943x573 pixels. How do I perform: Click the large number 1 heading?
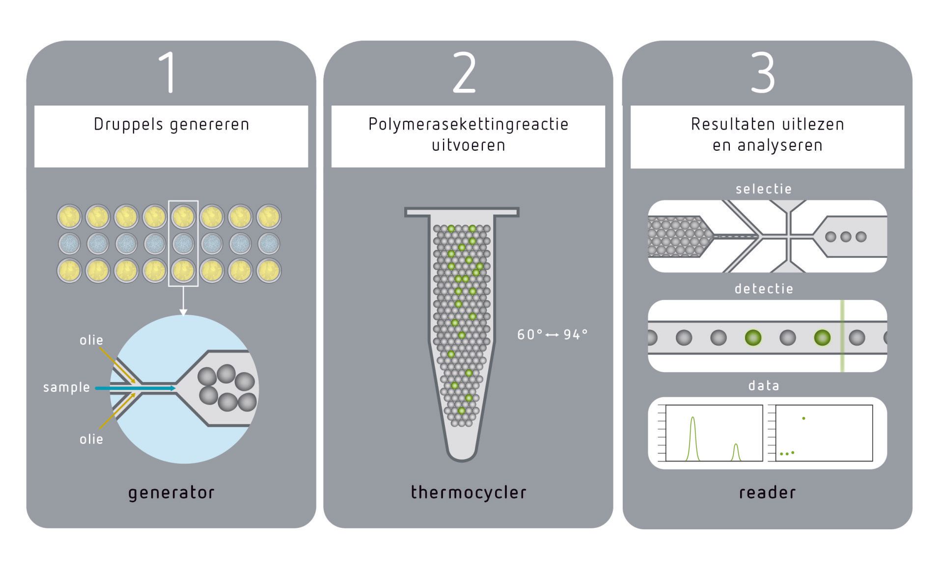168,72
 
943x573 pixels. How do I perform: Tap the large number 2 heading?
464,72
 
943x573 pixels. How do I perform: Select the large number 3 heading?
763,73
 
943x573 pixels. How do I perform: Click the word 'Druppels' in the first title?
129,125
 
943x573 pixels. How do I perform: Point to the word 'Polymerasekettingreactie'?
468,125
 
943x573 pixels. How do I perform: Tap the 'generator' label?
171,493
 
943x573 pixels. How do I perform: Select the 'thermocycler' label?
469,492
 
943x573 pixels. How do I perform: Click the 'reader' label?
767,492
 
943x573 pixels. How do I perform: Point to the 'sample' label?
66,387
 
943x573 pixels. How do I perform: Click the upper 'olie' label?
91,340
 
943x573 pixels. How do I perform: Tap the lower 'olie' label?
91,439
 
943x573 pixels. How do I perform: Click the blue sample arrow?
135,388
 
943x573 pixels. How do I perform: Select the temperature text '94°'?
576,334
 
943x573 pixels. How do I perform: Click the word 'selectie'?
764,189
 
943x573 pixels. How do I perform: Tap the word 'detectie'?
764,289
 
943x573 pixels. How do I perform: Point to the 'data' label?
764,386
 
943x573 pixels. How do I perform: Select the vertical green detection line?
842,336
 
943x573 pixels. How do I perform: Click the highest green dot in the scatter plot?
804,418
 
